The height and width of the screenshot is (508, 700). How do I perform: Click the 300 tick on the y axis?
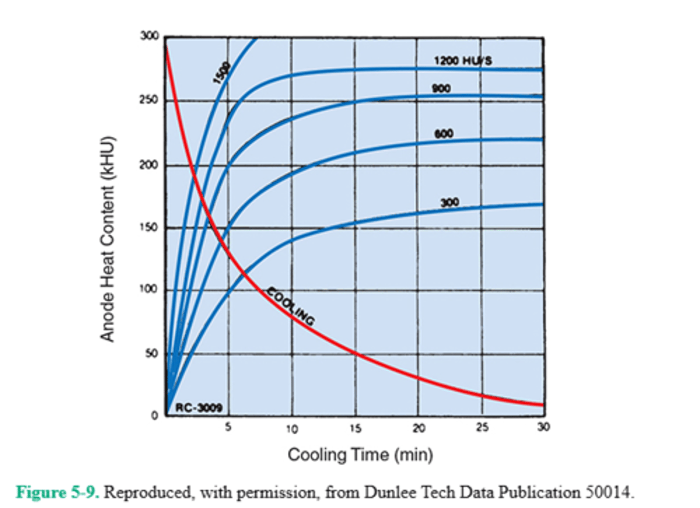pyautogui.click(x=150, y=36)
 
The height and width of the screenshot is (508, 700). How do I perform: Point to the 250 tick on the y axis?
pyautogui.click(x=149, y=100)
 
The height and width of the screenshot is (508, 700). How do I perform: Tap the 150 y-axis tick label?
pyautogui.click(x=149, y=228)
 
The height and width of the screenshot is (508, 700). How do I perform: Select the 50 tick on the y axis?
pyautogui.click(x=151, y=353)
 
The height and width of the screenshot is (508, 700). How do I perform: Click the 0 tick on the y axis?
pyautogui.click(x=155, y=416)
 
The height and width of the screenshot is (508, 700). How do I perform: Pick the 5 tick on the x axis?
pyautogui.click(x=228, y=427)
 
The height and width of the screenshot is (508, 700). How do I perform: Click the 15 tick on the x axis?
pyautogui.click(x=355, y=428)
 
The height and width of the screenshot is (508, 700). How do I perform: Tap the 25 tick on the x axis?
pyautogui.click(x=482, y=427)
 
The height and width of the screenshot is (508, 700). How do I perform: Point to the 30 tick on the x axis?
pyautogui.click(x=543, y=427)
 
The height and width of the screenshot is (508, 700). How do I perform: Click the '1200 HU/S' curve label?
pyautogui.click(x=463, y=61)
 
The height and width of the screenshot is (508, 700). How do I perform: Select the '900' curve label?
pyautogui.click(x=441, y=88)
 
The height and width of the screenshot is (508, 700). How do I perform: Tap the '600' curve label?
pyautogui.click(x=443, y=134)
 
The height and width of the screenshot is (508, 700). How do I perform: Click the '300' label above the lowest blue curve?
pyautogui.click(x=450, y=202)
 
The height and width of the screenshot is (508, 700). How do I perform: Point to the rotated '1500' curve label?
pyautogui.click(x=222, y=73)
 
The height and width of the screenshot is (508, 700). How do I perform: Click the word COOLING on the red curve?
pyautogui.click(x=291, y=306)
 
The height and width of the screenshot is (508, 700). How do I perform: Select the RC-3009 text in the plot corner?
pyautogui.click(x=198, y=407)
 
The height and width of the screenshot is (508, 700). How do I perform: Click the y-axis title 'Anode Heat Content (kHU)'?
pyautogui.click(x=107, y=239)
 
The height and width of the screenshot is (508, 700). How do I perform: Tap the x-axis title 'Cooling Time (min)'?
pyautogui.click(x=360, y=455)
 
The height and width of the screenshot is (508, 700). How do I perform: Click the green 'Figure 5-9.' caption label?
pyautogui.click(x=58, y=492)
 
